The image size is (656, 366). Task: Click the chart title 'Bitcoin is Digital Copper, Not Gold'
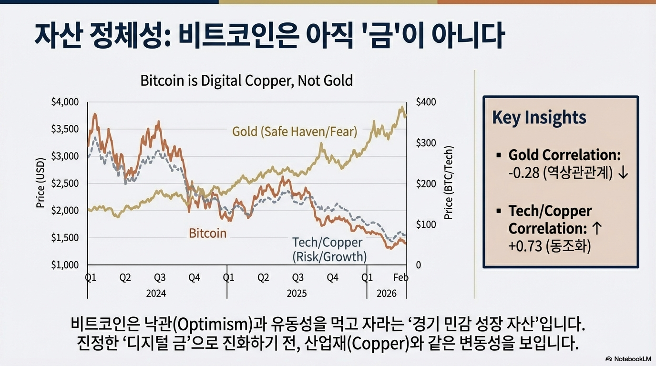(246, 81)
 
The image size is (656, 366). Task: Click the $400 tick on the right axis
(425, 102)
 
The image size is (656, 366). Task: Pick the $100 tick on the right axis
(425, 224)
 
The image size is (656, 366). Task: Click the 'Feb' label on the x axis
(401, 278)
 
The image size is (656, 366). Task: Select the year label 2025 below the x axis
(297, 294)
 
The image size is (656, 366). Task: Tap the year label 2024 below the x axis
(156, 294)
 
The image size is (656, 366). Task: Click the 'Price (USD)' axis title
(41, 183)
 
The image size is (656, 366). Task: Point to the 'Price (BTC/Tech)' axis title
(448, 183)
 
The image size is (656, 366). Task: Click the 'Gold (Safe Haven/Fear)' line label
(295, 132)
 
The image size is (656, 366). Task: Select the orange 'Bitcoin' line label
(207, 234)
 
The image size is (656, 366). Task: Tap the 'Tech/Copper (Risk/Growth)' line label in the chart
(328, 250)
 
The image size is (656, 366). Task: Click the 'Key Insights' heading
(539, 117)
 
